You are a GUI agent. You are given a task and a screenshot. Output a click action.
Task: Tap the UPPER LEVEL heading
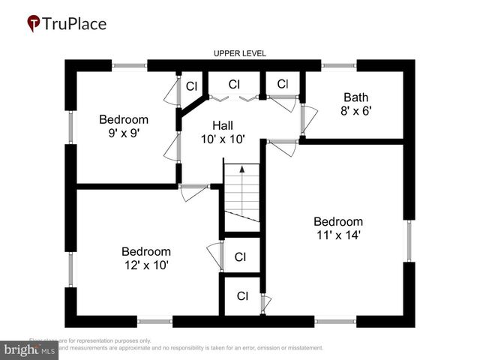(240, 53)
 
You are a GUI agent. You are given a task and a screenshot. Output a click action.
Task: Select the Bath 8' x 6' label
(356, 103)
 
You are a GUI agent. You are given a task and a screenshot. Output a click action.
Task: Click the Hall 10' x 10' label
(223, 131)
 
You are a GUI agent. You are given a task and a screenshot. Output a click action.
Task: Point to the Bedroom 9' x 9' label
(124, 126)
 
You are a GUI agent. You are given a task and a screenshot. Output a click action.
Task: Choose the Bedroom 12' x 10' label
(145, 258)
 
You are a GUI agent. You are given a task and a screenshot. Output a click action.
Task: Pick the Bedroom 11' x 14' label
(337, 228)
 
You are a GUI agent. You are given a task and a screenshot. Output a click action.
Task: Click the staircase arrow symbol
(241, 170)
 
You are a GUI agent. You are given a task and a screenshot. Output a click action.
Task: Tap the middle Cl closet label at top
(234, 84)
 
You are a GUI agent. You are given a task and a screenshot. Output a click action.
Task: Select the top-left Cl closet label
(191, 86)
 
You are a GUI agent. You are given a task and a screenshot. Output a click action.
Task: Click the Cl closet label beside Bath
(282, 84)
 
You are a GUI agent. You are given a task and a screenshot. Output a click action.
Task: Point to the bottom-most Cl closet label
(242, 295)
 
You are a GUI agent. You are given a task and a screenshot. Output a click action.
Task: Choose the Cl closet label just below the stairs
(240, 257)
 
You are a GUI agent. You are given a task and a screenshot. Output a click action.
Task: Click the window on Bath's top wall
(334, 65)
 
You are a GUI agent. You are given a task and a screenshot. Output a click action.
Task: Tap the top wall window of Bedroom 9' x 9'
(130, 65)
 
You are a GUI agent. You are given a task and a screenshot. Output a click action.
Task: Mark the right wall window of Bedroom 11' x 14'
(409, 241)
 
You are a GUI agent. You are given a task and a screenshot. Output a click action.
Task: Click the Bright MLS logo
(31, 349)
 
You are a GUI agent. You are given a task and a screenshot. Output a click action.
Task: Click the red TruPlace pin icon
(34, 23)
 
